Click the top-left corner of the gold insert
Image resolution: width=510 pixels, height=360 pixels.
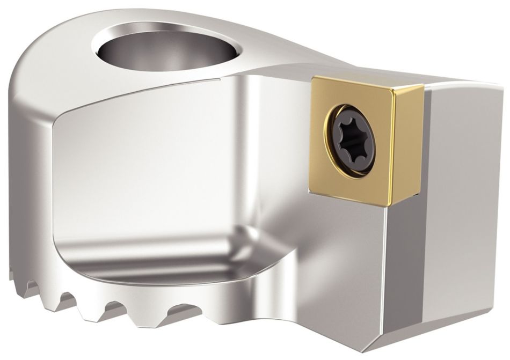coord(313,78)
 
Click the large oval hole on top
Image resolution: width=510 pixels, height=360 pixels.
coord(169,51)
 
